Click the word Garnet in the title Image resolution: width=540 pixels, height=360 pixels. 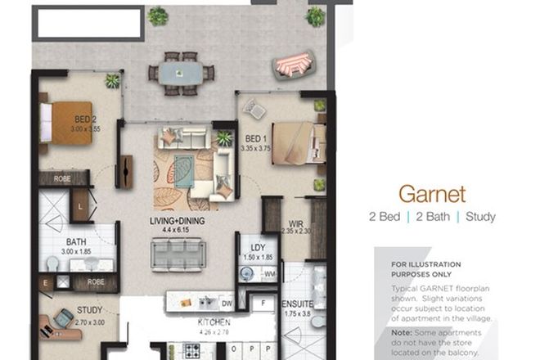(x=431, y=194)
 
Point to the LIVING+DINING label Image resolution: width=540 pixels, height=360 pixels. (x=177, y=221)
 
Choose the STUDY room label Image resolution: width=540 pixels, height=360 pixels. (x=89, y=310)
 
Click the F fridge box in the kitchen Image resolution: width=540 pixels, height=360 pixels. (x=263, y=304)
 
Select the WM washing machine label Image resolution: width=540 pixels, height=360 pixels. (x=270, y=275)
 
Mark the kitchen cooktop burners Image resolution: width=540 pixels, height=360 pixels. (x=191, y=351)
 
